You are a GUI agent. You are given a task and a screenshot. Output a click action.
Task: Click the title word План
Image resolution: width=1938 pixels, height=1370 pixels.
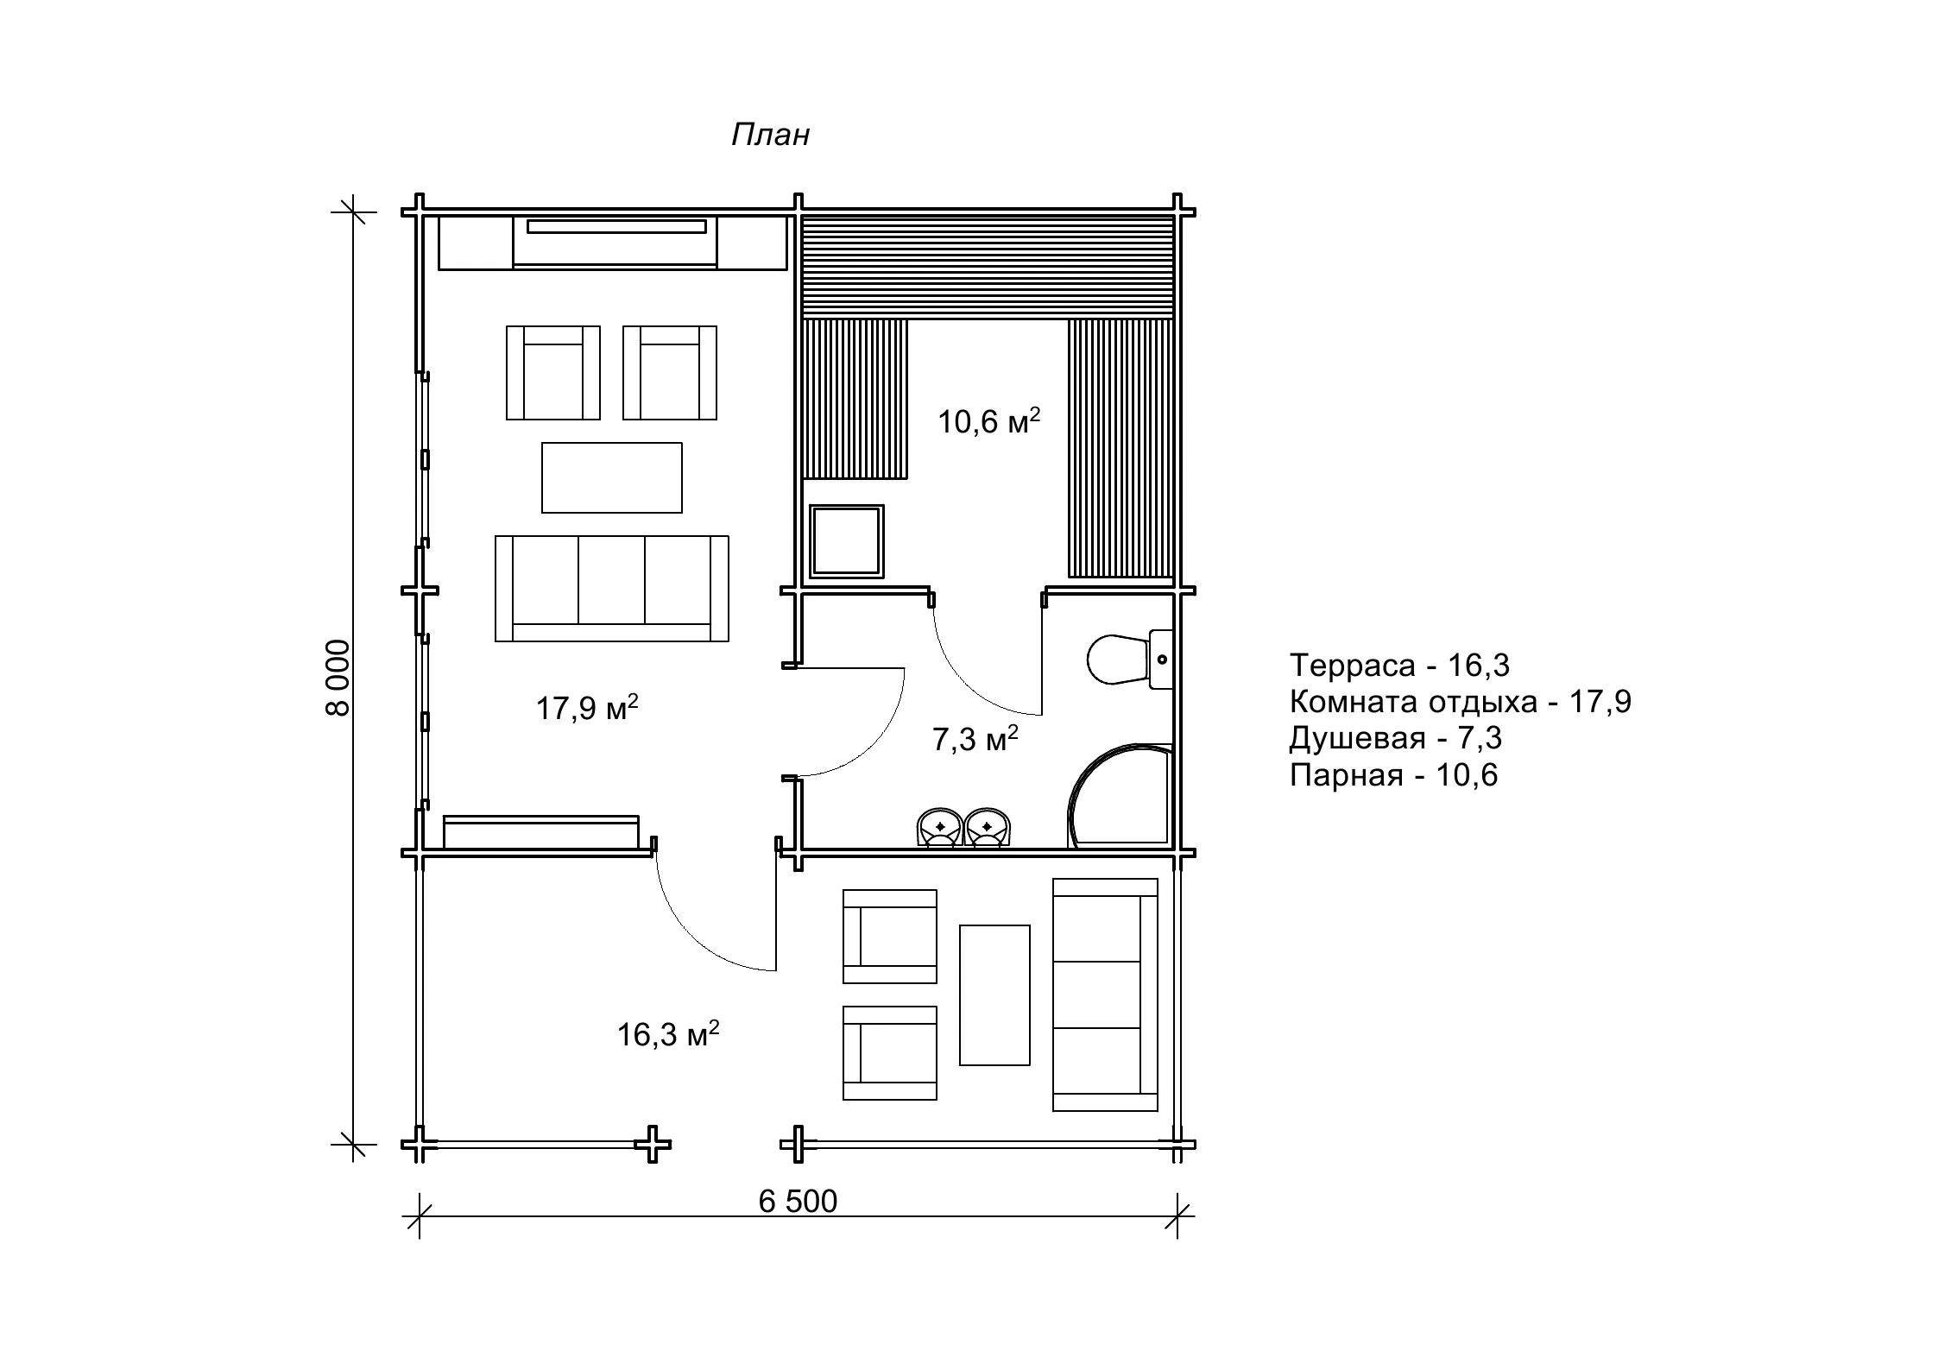(770, 135)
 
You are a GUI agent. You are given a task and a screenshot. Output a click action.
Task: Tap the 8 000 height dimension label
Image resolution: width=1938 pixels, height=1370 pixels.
(338, 678)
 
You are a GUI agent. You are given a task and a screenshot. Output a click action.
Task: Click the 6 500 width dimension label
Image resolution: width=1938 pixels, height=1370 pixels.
(798, 1202)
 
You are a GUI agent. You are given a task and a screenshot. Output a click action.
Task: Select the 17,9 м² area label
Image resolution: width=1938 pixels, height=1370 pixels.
(587, 708)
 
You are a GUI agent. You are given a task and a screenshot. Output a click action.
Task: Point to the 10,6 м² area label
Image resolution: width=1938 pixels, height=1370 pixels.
(989, 421)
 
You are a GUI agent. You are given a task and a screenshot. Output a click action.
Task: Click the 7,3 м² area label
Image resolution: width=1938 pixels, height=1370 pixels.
(975, 739)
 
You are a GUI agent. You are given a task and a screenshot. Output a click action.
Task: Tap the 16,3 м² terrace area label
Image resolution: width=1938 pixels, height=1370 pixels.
(668, 1033)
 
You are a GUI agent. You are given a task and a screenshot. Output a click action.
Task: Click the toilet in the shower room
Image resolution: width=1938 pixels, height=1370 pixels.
(1129, 660)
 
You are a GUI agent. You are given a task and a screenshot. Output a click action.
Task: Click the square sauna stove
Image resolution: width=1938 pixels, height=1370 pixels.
(846, 541)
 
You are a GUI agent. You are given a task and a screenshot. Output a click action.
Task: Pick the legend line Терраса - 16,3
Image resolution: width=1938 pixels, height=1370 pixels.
(1399, 666)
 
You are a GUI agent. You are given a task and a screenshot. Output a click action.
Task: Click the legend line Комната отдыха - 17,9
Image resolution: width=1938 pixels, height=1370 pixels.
(1461, 702)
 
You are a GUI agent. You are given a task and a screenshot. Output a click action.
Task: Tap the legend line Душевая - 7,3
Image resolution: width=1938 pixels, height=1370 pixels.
(1396, 738)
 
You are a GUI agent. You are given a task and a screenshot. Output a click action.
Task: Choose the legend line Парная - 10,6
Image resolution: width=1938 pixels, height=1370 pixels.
(1393, 775)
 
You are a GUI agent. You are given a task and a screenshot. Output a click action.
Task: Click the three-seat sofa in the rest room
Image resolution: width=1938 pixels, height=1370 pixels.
(612, 589)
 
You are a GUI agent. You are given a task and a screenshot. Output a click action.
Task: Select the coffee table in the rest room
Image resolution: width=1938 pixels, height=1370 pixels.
(612, 478)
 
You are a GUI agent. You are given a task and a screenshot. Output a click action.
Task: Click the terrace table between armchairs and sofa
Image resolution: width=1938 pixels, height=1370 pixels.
(995, 995)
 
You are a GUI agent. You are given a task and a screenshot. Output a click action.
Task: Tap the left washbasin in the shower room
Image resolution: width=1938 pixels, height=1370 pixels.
(940, 828)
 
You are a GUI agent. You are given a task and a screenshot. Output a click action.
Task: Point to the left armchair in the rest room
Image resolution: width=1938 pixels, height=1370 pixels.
(553, 373)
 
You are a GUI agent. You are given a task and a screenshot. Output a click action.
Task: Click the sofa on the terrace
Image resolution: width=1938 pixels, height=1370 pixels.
(1106, 995)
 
